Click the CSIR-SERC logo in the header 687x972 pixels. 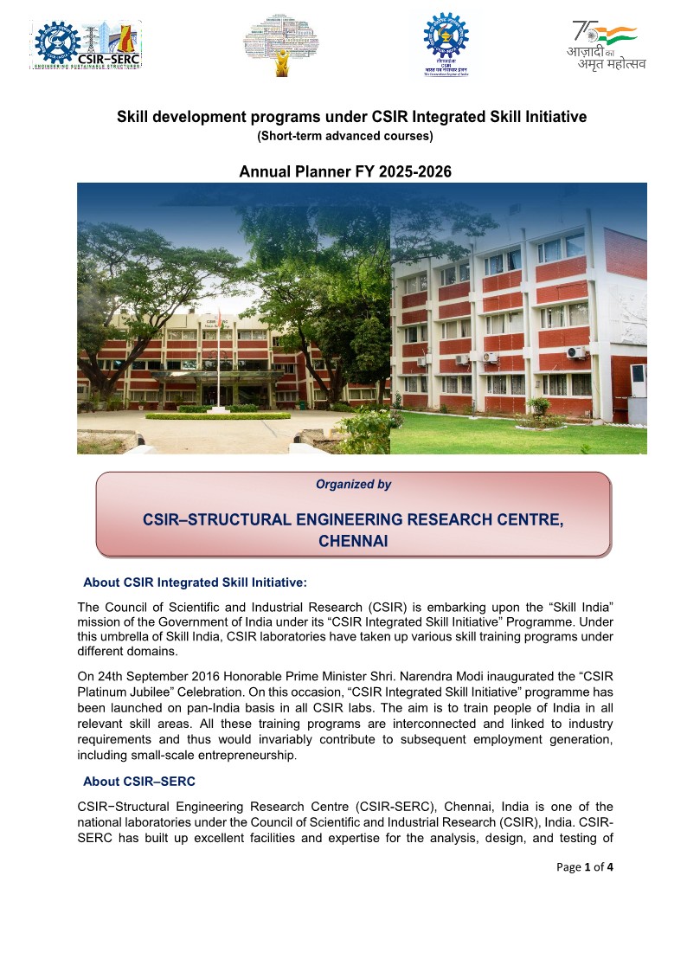(x=87, y=43)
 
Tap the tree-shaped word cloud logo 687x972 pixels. (x=280, y=44)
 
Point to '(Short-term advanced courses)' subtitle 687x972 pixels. (x=345, y=136)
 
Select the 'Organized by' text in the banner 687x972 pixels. (x=353, y=485)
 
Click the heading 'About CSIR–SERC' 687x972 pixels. (x=139, y=782)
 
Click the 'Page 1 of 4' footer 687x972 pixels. (x=584, y=867)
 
